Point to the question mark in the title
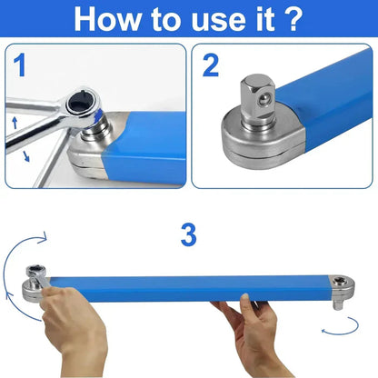coord(293,19)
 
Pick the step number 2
coord(212,66)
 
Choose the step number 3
coord(188,235)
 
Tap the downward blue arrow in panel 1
coord(25,155)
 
